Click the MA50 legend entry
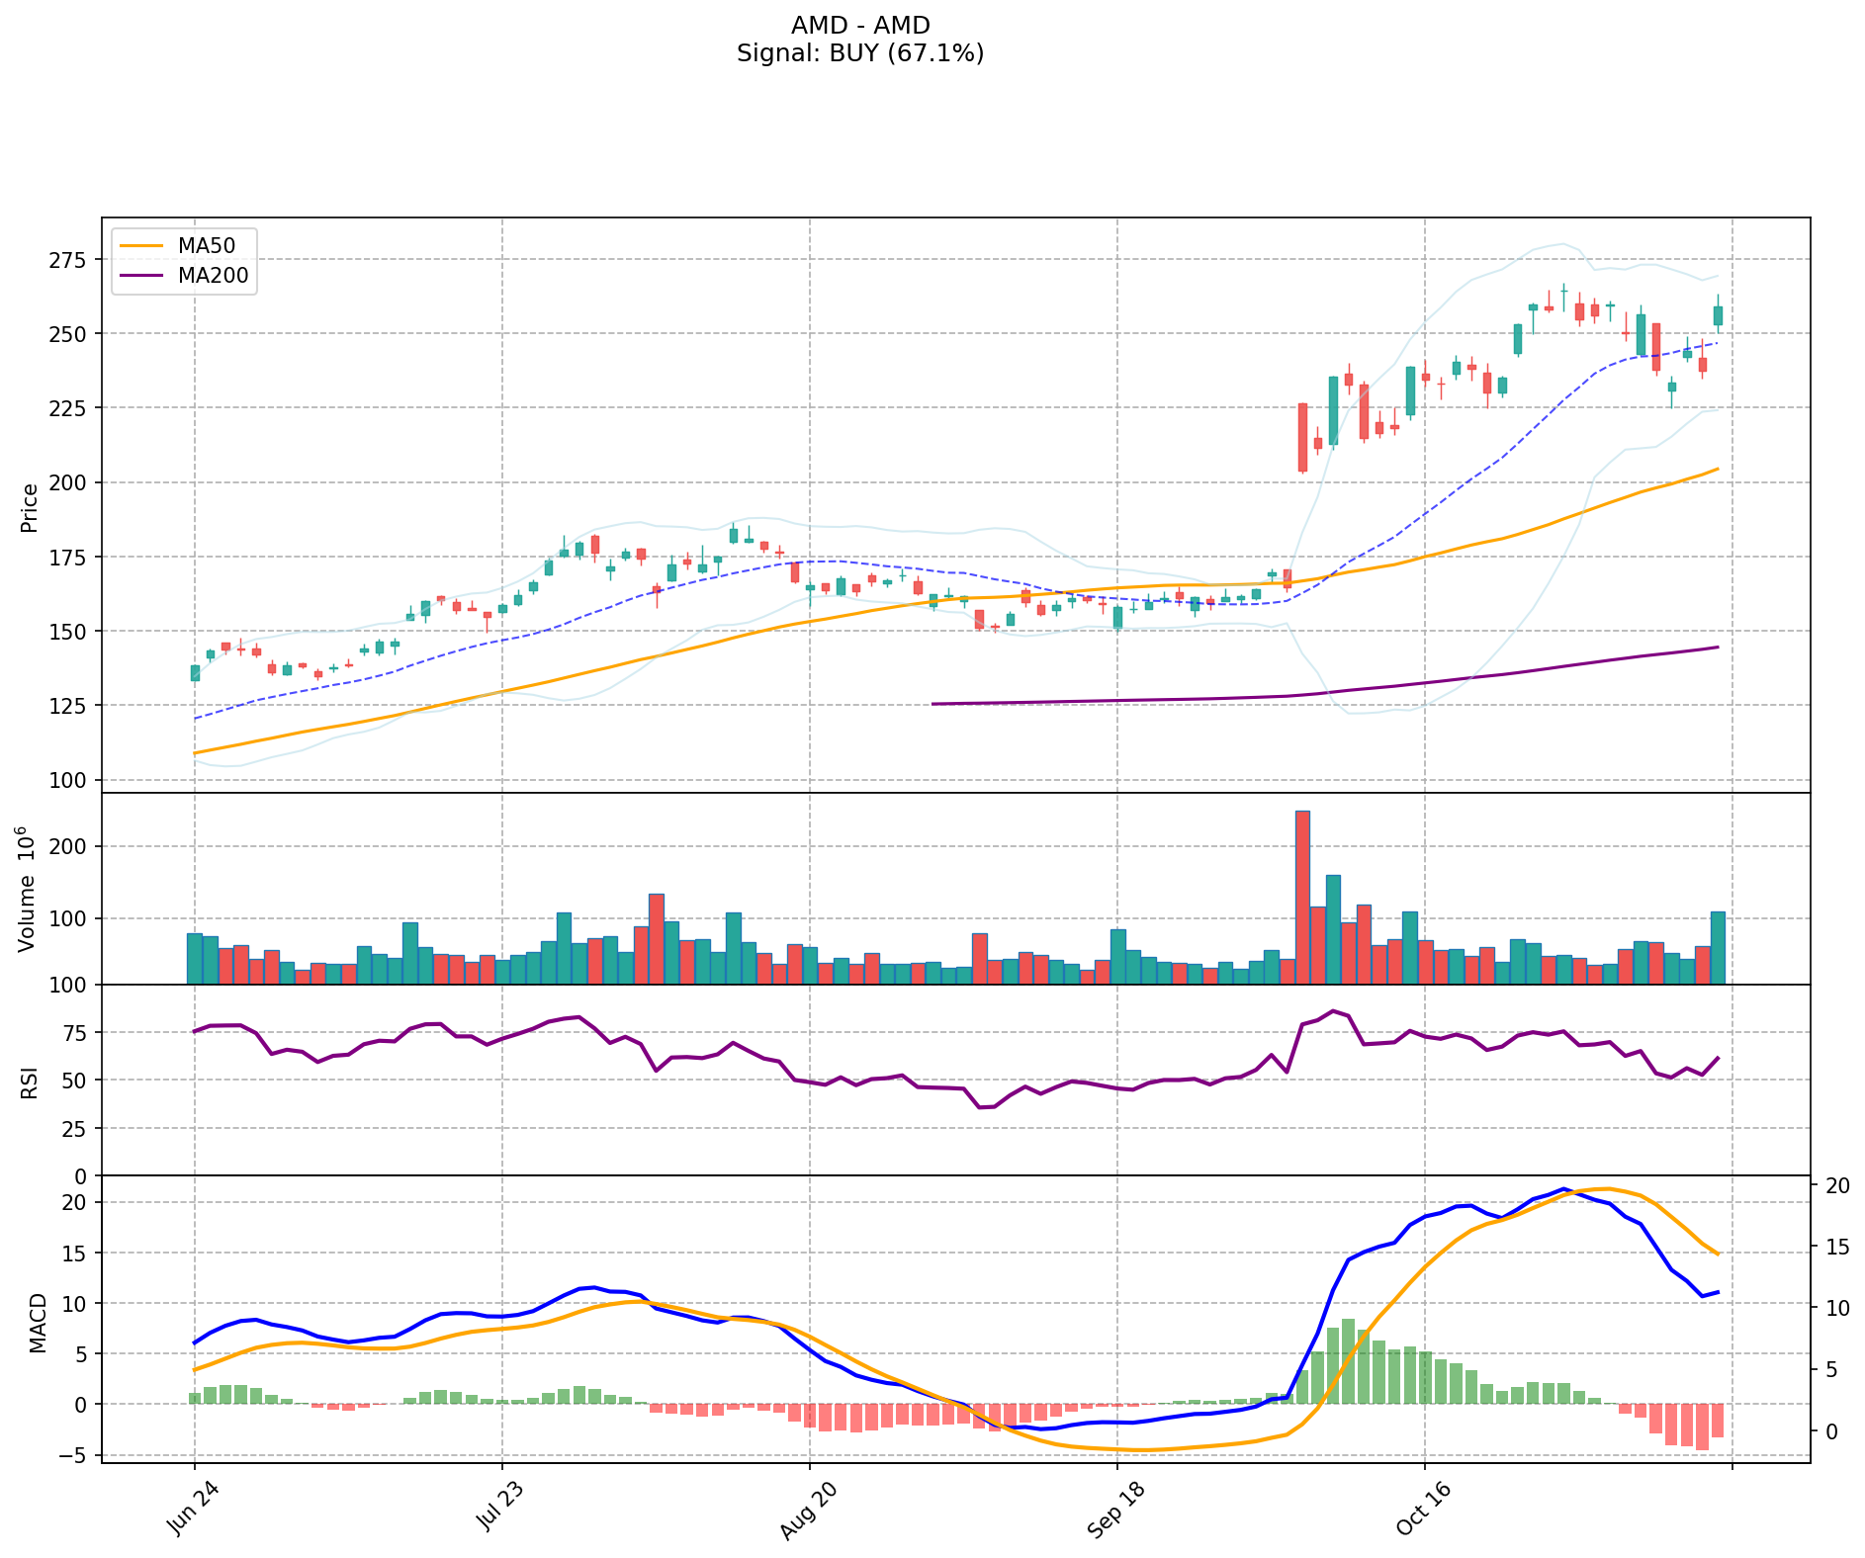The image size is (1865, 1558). pos(207,245)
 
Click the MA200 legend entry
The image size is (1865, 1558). pos(213,276)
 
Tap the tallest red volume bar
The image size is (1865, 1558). pos(1302,897)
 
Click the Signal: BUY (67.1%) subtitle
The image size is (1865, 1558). pos(859,53)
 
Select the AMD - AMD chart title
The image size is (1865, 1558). pos(859,25)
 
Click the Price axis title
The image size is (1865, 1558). pos(30,507)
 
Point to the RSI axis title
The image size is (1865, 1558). pos(30,1082)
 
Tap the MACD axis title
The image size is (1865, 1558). pos(38,1323)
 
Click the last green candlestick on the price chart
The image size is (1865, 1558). pos(1718,315)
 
